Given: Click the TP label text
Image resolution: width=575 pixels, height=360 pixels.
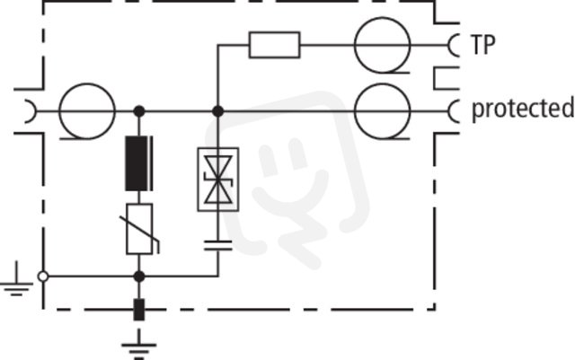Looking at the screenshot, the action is click(x=482, y=45).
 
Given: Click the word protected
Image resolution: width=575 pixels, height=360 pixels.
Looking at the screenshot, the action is click(x=523, y=109).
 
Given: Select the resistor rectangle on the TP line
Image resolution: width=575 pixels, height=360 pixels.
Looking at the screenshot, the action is click(x=274, y=45).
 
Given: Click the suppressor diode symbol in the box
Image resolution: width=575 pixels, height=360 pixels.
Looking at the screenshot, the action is click(x=218, y=180).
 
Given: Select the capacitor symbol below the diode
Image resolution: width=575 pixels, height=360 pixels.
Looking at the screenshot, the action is click(x=218, y=245).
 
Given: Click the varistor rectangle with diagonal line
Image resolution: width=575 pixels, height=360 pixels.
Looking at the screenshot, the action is click(x=139, y=229).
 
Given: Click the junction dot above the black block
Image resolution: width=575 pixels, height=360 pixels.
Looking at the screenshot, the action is click(x=139, y=111).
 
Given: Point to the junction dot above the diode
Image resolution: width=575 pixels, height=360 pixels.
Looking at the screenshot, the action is click(x=218, y=111).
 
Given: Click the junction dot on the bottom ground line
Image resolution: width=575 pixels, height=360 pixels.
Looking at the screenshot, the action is click(x=139, y=277).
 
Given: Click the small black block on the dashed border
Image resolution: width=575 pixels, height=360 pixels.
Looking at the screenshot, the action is click(x=139, y=310).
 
